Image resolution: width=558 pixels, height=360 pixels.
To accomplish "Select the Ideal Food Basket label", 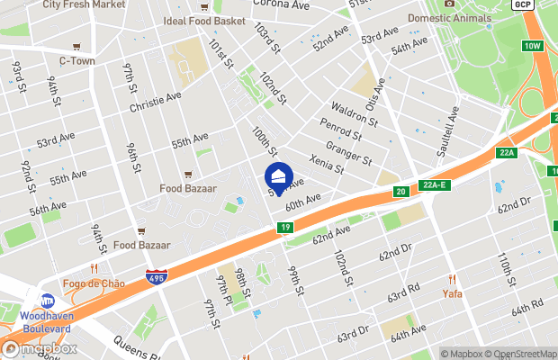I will click(x=204, y=20).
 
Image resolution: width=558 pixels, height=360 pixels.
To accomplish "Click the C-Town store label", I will click(x=77, y=60).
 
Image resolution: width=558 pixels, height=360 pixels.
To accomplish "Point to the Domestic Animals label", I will click(x=450, y=17).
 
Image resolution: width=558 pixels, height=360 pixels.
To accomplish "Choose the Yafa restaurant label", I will click(x=452, y=293).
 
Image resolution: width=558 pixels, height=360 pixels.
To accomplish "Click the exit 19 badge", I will click(x=284, y=229).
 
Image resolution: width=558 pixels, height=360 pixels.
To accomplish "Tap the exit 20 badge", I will click(x=400, y=191).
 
